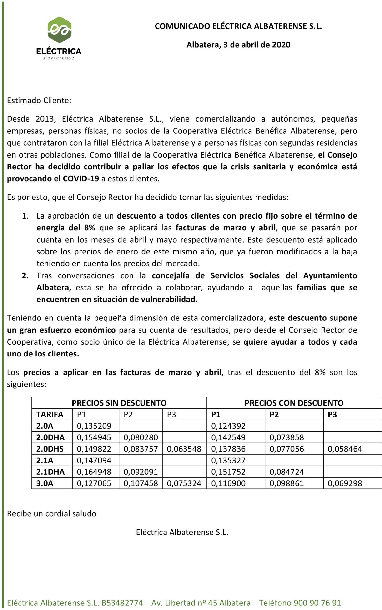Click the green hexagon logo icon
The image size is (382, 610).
click(59, 30)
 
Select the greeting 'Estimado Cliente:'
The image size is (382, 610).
click(39, 100)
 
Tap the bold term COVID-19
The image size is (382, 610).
click(81, 178)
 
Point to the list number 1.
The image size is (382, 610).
click(25, 216)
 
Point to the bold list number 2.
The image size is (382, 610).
click(25, 275)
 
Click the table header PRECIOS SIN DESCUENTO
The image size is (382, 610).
click(119, 403)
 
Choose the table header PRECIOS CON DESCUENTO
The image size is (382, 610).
click(294, 403)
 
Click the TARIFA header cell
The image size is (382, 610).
click(50, 414)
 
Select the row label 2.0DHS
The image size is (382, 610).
click(50, 449)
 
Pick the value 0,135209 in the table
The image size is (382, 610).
click(94, 426)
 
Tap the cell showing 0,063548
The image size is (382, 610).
click(184, 449)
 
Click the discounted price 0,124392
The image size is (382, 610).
click(228, 426)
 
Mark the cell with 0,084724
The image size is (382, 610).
click(286, 472)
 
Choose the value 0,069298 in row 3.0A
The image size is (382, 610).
click(345, 483)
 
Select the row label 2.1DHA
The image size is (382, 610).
click(50, 472)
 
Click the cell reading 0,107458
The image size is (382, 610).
click(141, 483)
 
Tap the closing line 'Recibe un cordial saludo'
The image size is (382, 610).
click(51, 513)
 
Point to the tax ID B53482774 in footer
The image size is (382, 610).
click(122, 603)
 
